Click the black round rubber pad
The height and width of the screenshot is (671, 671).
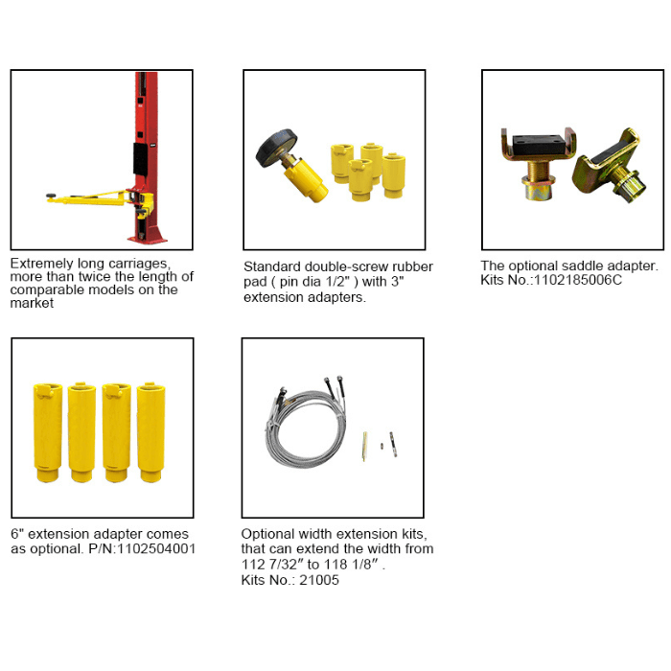[276, 148]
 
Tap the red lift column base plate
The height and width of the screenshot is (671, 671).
[147, 238]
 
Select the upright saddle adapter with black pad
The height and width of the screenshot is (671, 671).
[539, 164]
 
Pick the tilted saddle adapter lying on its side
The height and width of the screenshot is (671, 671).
[609, 166]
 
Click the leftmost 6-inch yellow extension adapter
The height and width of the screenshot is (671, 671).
[48, 432]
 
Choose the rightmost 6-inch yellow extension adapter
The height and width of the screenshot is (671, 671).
[150, 432]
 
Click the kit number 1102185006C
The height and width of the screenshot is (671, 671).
[577, 280]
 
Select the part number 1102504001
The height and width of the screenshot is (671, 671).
[155, 548]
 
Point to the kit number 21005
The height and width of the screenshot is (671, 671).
[319, 580]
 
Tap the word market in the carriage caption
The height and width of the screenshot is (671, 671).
[32, 303]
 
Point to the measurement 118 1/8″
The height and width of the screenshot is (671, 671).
[352, 565]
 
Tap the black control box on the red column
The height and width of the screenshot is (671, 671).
[140, 159]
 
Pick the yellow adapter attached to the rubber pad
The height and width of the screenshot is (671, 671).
[305, 180]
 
